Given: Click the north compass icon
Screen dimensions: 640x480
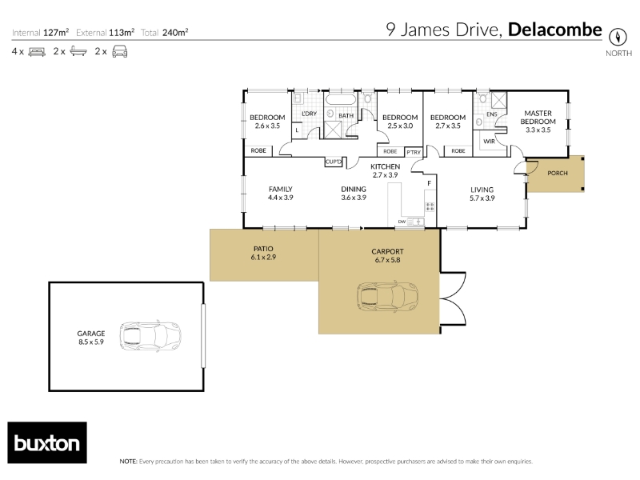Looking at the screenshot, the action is click(x=618, y=37).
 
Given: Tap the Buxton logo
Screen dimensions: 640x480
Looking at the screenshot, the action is click(x=47, y=442).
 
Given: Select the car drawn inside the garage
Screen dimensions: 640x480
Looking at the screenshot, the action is click(x=150, y=337).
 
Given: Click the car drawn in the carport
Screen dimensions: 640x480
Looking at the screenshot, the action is click(x=388, y=296).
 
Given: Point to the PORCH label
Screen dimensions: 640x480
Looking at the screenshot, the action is click(x=557, y=173).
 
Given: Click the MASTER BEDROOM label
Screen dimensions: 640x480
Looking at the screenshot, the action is click(x=538, y=117).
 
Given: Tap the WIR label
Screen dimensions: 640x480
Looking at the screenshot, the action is click(x=489, y=142).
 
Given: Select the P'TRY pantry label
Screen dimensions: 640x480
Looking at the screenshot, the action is click(x=414, y=152).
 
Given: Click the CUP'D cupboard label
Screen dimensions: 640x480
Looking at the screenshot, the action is click(x=333, y=162).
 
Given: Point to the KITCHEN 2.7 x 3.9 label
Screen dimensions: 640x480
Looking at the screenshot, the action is click(x=385, y=170).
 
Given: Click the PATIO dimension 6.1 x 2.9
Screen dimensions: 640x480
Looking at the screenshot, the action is click(x=263, y=257).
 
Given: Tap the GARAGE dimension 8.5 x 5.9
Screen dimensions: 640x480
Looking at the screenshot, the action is click(x=91, y=342).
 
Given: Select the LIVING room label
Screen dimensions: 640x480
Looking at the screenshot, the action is click(x=482, y=190).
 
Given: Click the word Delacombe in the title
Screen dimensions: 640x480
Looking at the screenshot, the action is click(x=555, y=30).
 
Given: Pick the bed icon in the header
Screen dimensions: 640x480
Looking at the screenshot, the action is click(x=37, y=52).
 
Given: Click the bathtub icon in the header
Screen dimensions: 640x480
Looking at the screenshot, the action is click(x=78, y=51).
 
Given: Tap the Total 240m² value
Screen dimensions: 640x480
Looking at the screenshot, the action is click(x=175, y=33).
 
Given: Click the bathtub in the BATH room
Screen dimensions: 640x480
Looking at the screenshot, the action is click(x=341, y=99).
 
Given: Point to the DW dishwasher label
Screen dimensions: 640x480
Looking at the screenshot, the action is click(x=402, y=222).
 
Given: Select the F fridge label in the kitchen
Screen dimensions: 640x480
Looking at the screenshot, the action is click(x=430, y=183).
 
